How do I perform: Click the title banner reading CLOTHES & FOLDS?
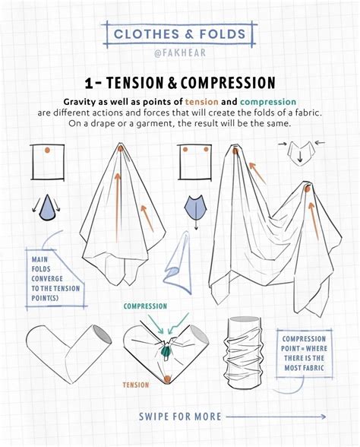[x=179, y=33]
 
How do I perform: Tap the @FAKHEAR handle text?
[x=179, y=54]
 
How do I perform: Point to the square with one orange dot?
[x=47, y=161]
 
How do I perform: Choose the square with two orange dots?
[x=194, y=161]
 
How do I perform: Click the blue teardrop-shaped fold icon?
[x=47, y=208]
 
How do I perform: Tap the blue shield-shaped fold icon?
[x=195, y=207]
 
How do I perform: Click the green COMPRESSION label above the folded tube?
[x=145, y=306]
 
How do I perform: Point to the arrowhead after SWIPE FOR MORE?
[x=323, y=416]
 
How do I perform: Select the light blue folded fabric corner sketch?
[x=179, y=262]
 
